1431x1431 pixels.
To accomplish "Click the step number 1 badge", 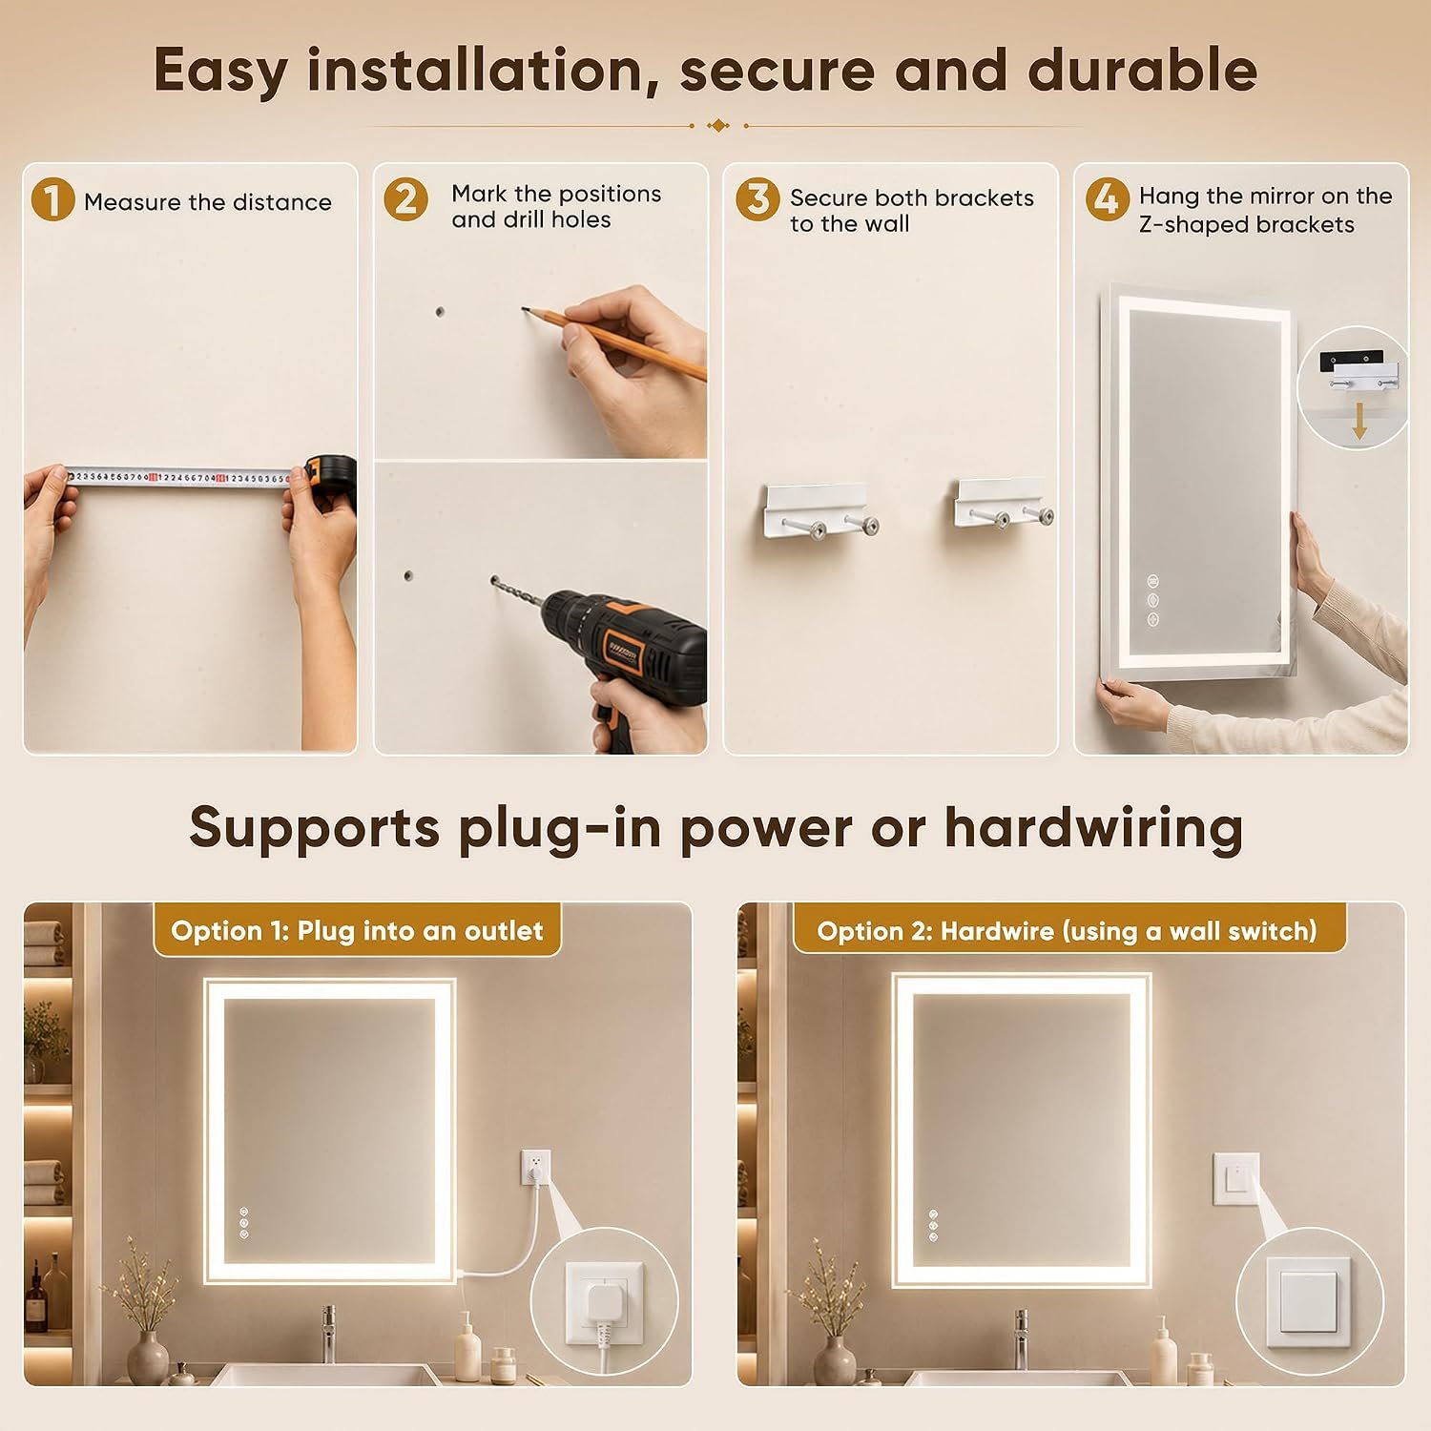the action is (x=52, y=200).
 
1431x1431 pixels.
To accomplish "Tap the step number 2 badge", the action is (x=405, y=199).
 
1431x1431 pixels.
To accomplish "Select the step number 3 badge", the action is (x=757, y=199).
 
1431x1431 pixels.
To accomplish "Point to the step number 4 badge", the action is (x=1107, y=199).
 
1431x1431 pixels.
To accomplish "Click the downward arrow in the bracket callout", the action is (x=1359, y=421).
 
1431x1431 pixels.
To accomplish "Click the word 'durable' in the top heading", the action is (x=1142, y=71).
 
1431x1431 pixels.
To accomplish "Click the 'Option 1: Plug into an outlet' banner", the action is (x=357, y=930).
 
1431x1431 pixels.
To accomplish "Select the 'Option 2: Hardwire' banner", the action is (x=1068, y=930).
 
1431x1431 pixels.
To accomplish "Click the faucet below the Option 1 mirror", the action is (x=328, y=1333).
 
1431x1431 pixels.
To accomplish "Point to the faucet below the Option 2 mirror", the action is (x=1022, y=1333).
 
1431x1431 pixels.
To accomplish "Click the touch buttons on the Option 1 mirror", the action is (x=244, y=1222).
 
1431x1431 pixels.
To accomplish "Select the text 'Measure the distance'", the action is (x=208, y=202).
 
